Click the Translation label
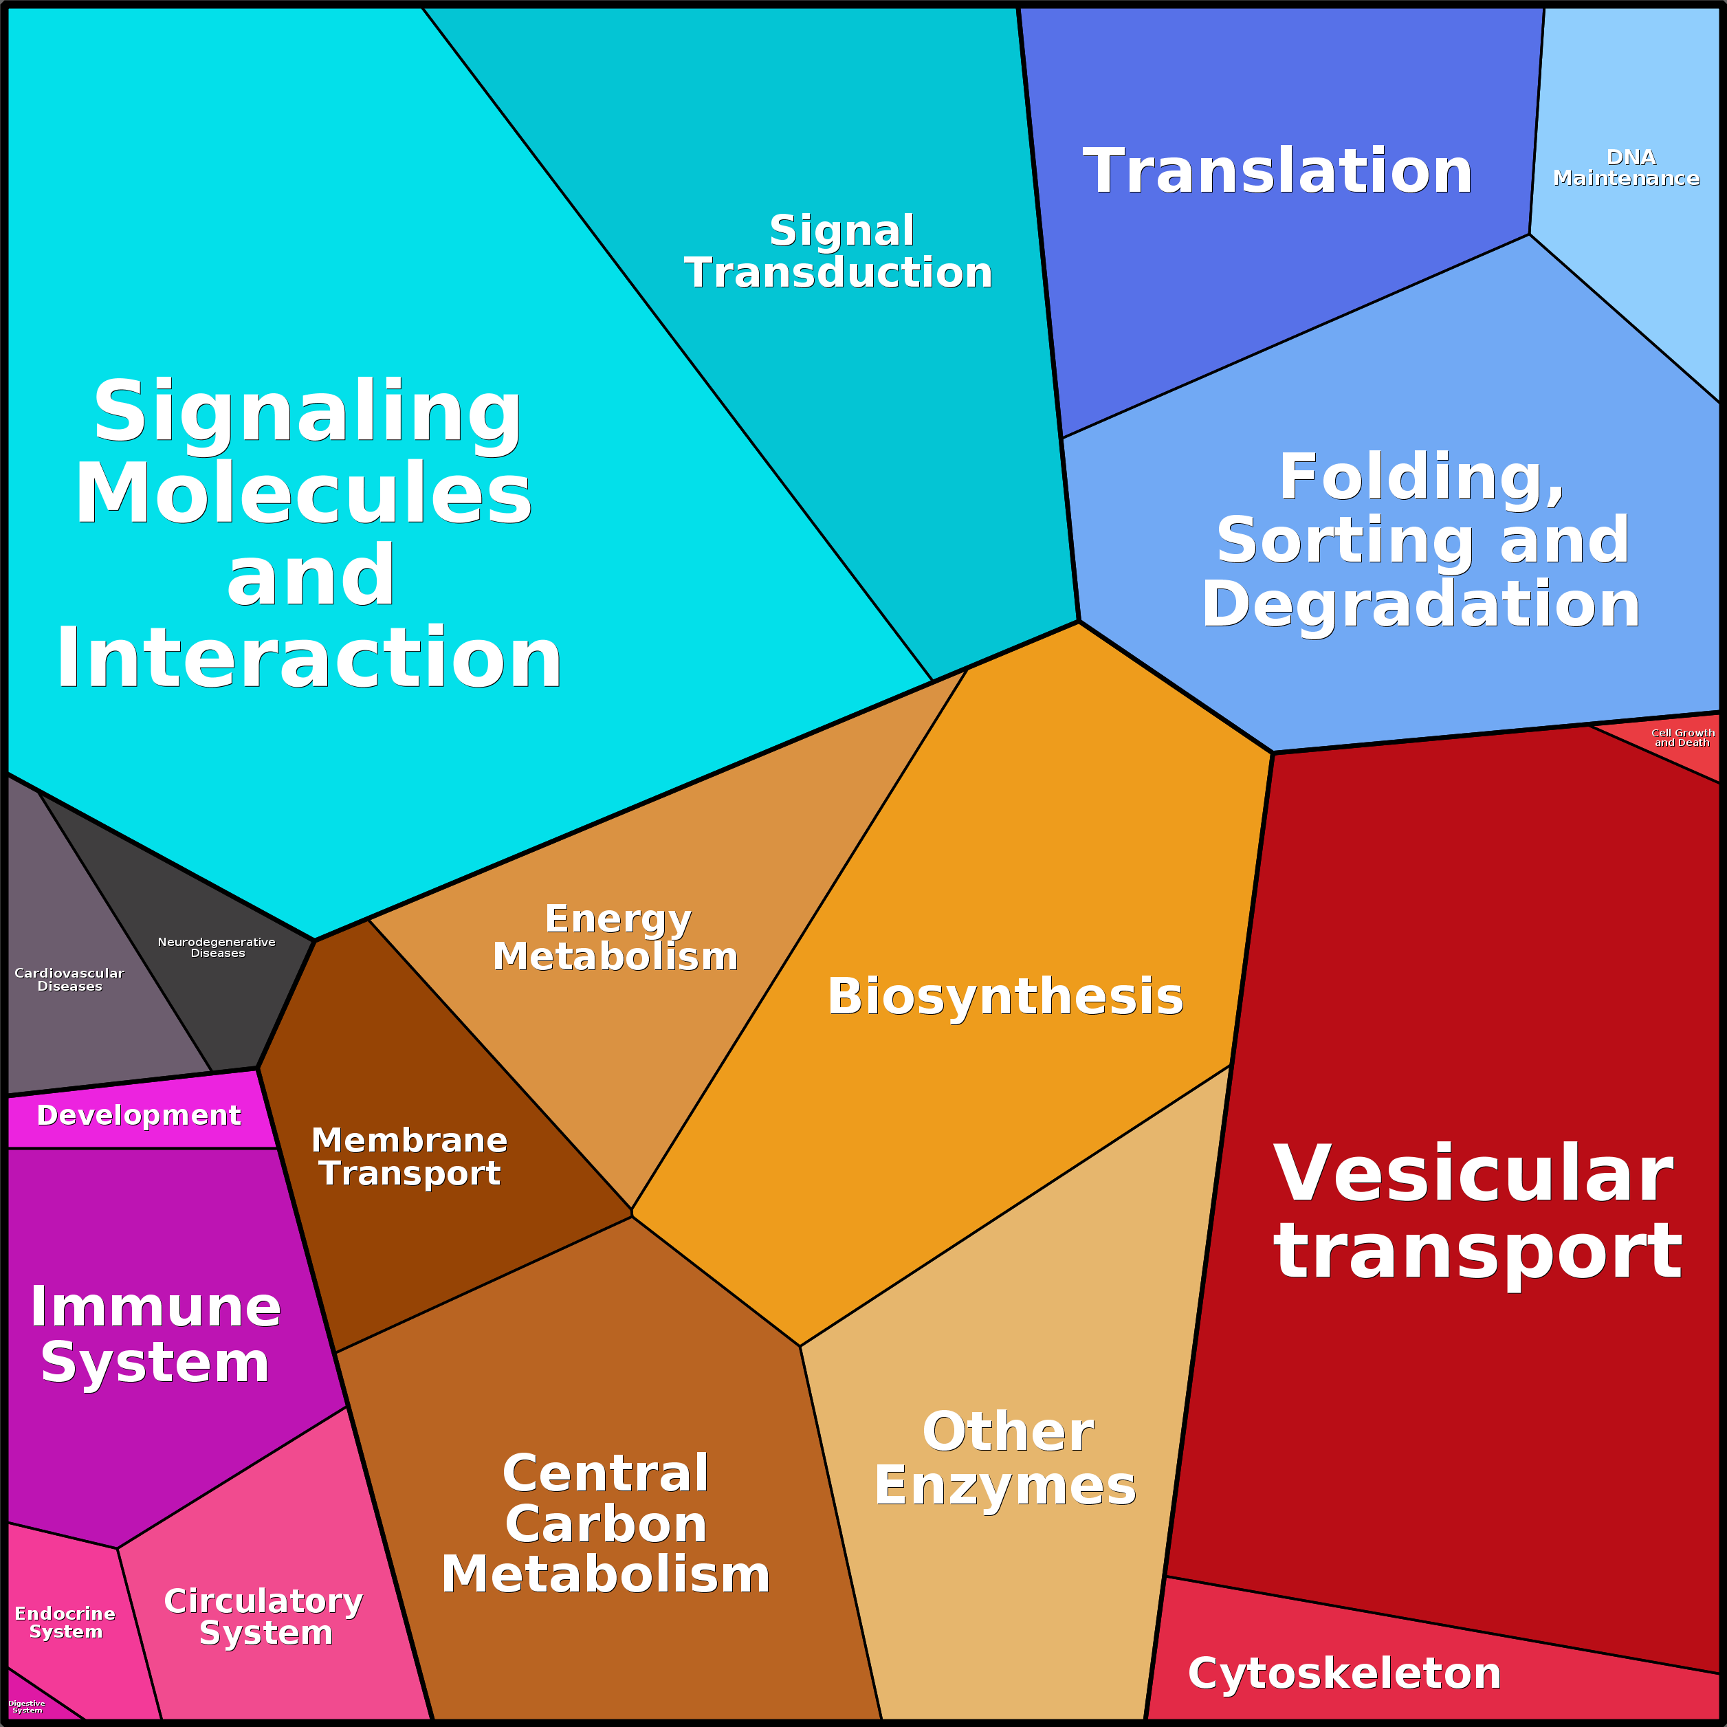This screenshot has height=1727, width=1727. click(x=1277, y=172)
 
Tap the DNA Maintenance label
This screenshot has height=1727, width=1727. click(x=1626, y=168)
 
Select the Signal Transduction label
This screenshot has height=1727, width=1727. click(x=839, y=252)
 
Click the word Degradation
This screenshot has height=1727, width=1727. click(x=1420, y=605)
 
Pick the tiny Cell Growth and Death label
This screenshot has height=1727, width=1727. click(x=1682, y=738)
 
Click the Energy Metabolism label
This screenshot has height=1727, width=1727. click(x=616, y=938)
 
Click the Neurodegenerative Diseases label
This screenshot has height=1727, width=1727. click(x=217, y=947)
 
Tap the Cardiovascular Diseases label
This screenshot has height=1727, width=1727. click(x=69, y=980)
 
